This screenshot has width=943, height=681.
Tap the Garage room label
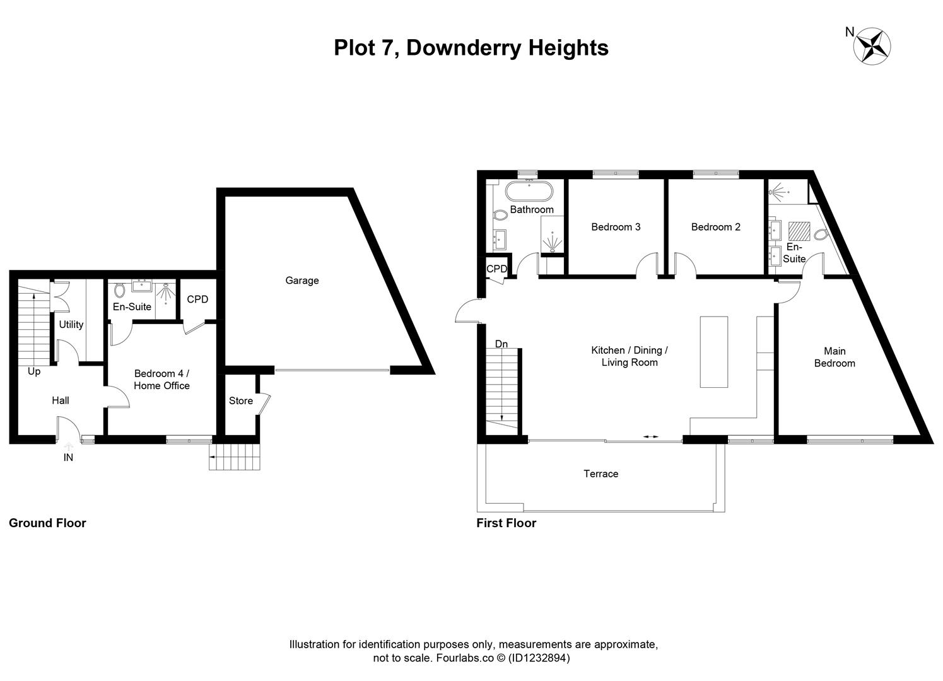pos(302,281)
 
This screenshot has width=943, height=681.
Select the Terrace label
pos(600,474)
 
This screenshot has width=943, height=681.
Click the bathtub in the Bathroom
pos(529,191)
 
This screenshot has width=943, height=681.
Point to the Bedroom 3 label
pos(616,227)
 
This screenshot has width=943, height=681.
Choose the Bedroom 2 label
pos(715,227)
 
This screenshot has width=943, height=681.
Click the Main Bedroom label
pos(835,357)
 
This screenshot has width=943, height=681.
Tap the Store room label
pos(240,401)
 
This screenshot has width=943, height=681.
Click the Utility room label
pos(71,325)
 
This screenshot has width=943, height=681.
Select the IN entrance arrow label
pos(68,458)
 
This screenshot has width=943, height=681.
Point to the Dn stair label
pos(501,344)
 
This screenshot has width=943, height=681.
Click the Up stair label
pos(34,371)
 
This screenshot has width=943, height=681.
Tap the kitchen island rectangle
pos(713,352)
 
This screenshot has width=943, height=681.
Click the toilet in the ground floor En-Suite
pos(120,291)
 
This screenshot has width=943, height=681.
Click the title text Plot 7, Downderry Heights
pos(471,48)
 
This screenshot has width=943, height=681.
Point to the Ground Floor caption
pos(47,523)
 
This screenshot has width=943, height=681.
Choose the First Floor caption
pos(506,523)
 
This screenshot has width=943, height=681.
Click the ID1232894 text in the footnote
pos(539,658)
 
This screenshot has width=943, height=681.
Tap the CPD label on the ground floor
pos(197,300)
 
